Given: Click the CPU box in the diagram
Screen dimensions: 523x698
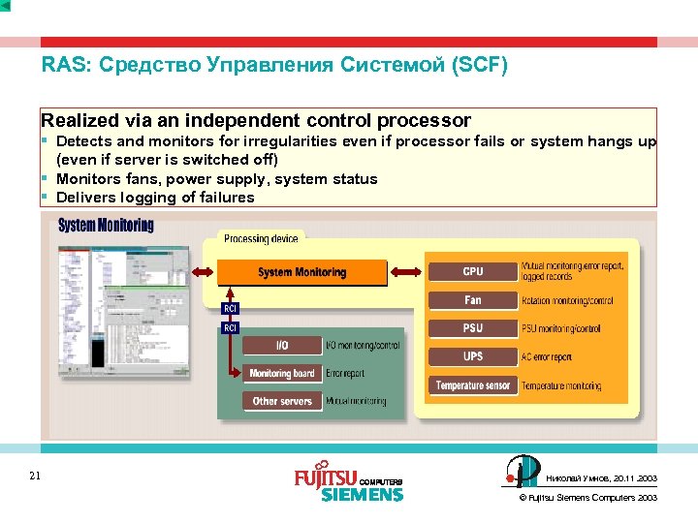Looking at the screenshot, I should (x=472, y=271).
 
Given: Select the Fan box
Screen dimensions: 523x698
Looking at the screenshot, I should (x=472, y=300).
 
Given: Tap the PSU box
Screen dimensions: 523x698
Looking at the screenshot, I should (x=472, y=328).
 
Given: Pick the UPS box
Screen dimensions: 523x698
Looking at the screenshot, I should (x=472, y=356).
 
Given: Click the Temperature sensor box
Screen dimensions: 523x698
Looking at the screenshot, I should (x=472, y=385).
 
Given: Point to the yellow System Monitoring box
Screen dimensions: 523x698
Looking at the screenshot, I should (x=301, y=273).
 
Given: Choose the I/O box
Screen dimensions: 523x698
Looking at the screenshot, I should (x=282, y=345).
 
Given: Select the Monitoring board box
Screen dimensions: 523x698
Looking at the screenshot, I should (x=282, y=373).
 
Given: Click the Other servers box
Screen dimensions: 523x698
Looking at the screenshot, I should (x=282, y=401).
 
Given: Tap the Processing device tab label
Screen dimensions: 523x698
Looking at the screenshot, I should (x=261, y=238).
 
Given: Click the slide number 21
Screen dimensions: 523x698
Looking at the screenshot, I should (x=35, y=476).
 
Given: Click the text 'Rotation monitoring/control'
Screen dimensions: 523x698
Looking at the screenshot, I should (x=567, y=301).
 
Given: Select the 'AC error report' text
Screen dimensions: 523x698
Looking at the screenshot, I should (x=547, y=357).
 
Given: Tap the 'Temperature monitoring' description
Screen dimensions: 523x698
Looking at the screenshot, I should (x=561, y=386).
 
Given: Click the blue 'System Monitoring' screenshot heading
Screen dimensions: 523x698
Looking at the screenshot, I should (x=106, y=226).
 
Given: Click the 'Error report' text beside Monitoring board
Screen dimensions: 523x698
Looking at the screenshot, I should (x=346, y=373).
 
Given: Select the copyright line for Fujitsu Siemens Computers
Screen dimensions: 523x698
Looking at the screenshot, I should (x=588, y=498).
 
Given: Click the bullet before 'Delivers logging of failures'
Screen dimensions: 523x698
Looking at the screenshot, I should (x=45, y=197).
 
